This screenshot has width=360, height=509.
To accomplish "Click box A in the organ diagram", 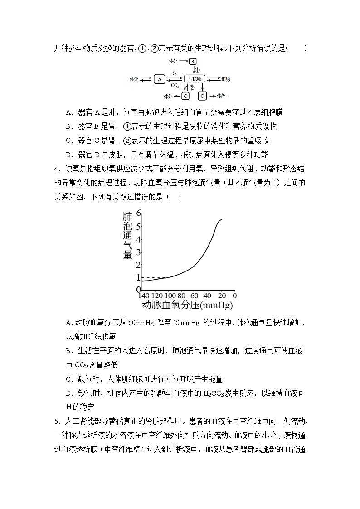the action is pyautogui.click(x=159, y=79).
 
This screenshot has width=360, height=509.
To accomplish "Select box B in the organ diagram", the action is pyautogui.click(x=193, y=61).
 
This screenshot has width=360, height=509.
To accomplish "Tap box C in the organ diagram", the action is pyautogui.click(x=185, y=96).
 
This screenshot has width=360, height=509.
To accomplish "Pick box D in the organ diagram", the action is pyautogui.click(x=202, y=96).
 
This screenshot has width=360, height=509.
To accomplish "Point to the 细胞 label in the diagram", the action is pyautogui.click(x=225, y=79).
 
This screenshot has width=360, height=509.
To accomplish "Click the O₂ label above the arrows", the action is pyautogui.click(x=175, y=73).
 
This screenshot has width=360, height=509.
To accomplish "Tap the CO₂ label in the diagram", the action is pyautogui.click(x=175, y=85).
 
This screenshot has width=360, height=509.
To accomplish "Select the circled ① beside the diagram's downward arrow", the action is pyautogui.click(x=197, y=70).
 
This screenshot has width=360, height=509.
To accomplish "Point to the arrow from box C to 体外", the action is pyautogui.click(x=177, y=96).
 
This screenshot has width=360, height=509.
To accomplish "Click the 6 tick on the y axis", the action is pyautogui.click(x=139, y=212).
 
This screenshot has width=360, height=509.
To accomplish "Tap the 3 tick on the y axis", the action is pyautogui.click(x=139, y=252).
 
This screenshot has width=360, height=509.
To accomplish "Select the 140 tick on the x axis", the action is pyautogui.click(x=144, y=295).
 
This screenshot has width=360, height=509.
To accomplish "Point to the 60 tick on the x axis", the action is pyautogui.click(x=194, y=295).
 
